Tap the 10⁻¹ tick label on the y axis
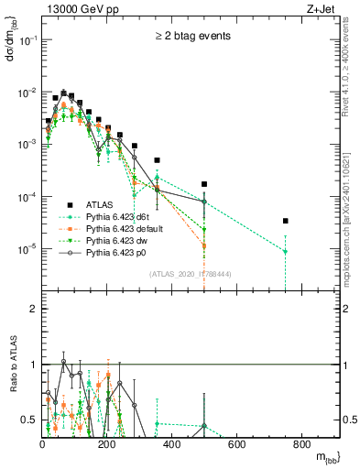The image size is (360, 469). (x=27, y=41)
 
